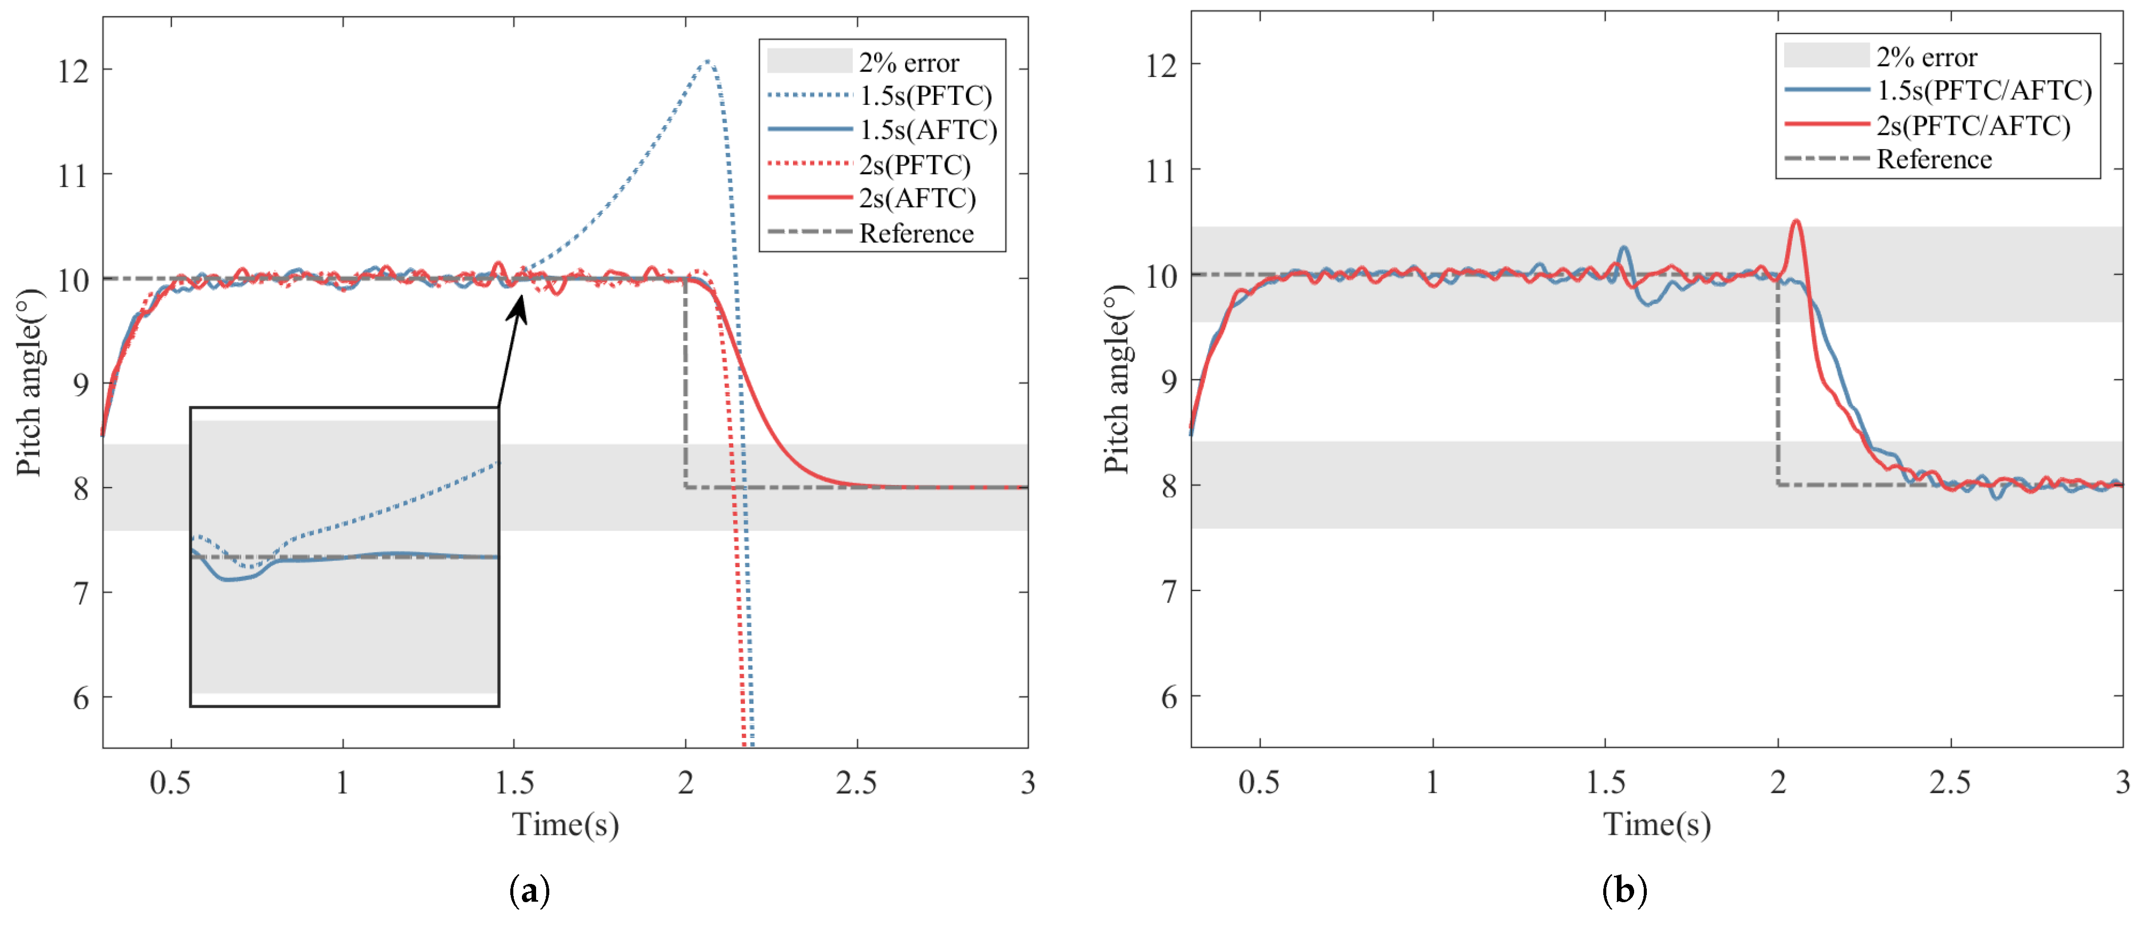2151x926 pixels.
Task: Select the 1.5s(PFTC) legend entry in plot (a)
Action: click(925, 96)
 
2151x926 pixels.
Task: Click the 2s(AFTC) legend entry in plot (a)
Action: click(917, 199)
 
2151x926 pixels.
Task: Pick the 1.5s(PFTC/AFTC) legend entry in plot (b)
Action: click(1983, 90)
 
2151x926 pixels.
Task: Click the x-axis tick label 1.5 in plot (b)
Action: click(1605, 783)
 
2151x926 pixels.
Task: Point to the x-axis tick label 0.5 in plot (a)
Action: click(170, 783)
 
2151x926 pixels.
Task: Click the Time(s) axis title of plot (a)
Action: click(565, 825)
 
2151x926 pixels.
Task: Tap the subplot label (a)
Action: click(530, 891)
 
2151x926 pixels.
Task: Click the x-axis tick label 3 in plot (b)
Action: click(2122, 783)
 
